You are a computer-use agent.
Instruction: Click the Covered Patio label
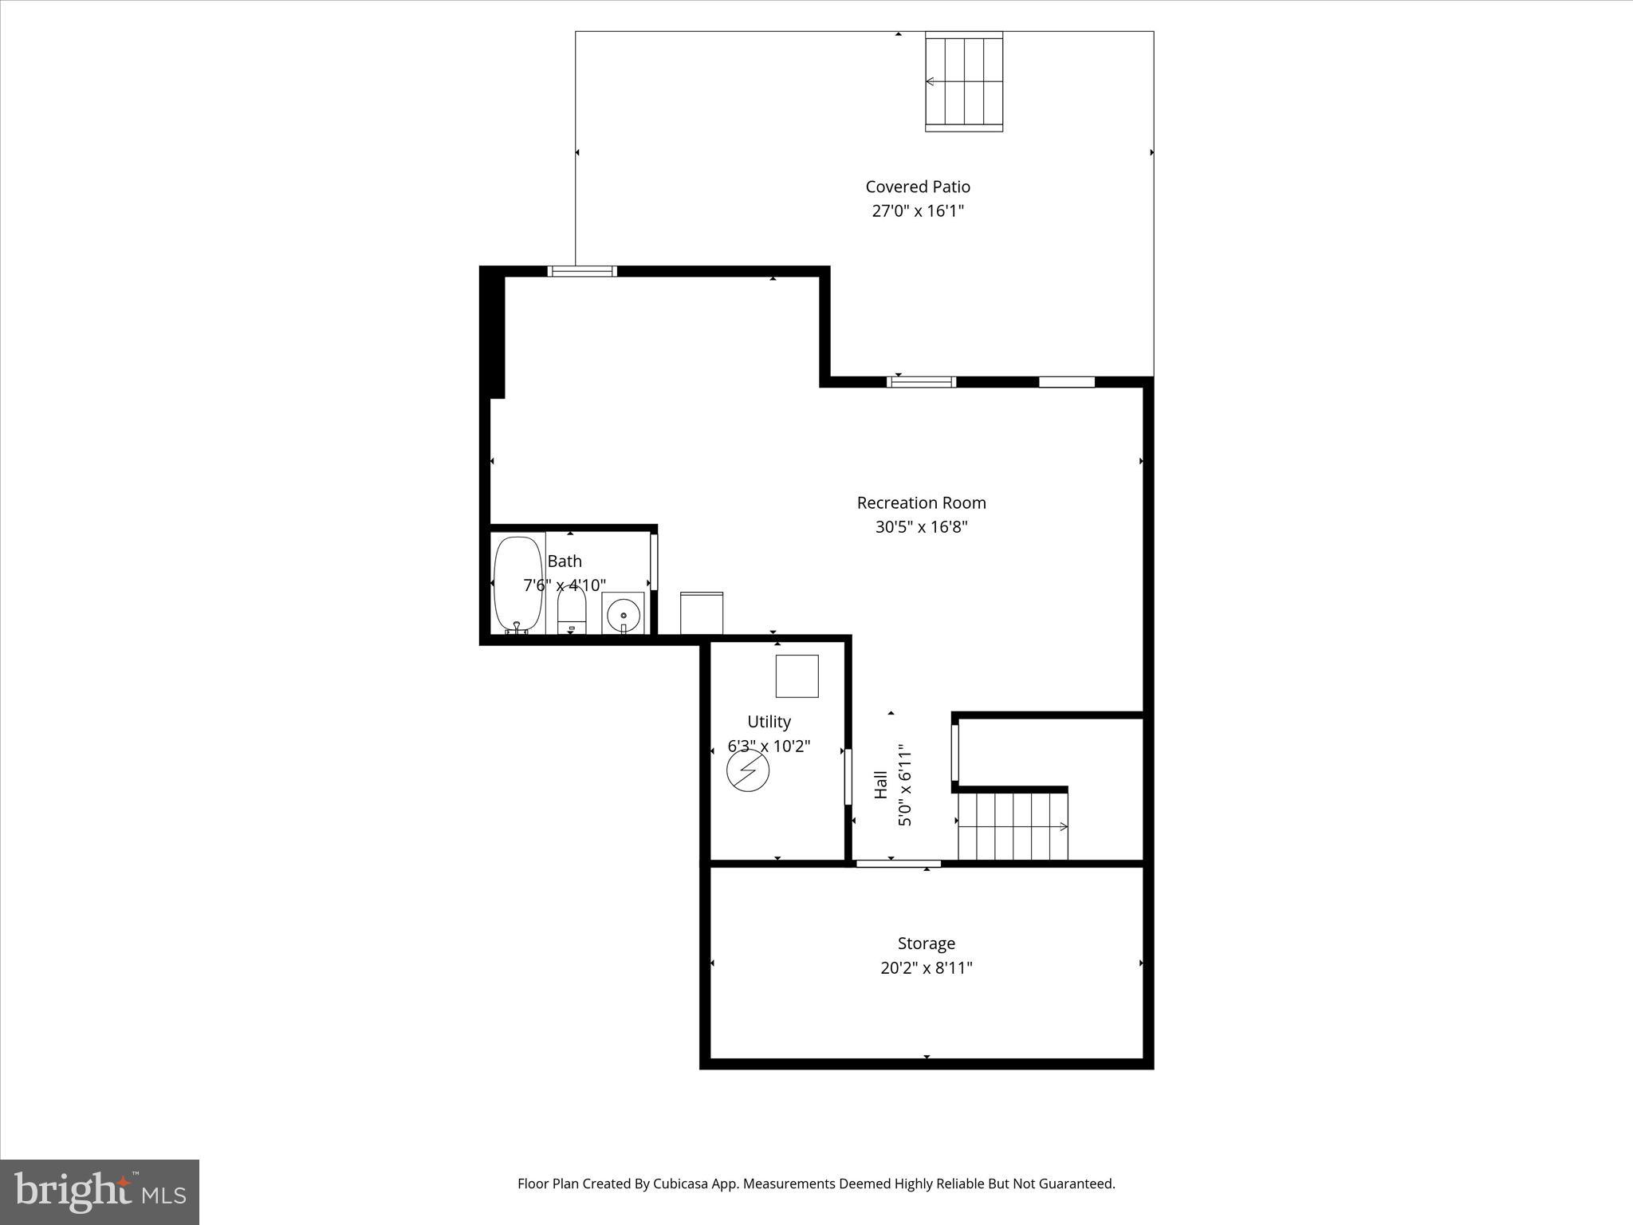(918, 187)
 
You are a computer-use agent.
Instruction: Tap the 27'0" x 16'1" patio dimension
(918, 211)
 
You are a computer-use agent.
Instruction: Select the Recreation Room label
(921, 502)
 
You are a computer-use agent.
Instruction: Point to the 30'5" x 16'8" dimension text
(921, 527)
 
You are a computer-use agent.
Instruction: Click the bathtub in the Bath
(518, 585)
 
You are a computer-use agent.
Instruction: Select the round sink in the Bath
(623, 615)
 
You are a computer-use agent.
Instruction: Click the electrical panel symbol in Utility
(748, 770)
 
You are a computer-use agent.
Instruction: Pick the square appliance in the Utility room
(797, 676)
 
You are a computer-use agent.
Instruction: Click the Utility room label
(769, 722)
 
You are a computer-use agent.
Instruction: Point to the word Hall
(881, 784)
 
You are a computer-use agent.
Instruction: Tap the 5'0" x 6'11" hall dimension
(905, 786)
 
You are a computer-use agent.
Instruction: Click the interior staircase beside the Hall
(1013, 826)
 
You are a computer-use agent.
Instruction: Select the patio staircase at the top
(963, 82)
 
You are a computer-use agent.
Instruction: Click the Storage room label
(926, 943)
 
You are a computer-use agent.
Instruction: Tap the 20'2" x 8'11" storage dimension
(926, 968)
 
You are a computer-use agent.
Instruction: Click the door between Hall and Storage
(898, 863)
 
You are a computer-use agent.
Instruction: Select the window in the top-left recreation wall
(582, 271)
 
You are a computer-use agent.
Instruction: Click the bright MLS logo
(100, 1192)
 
